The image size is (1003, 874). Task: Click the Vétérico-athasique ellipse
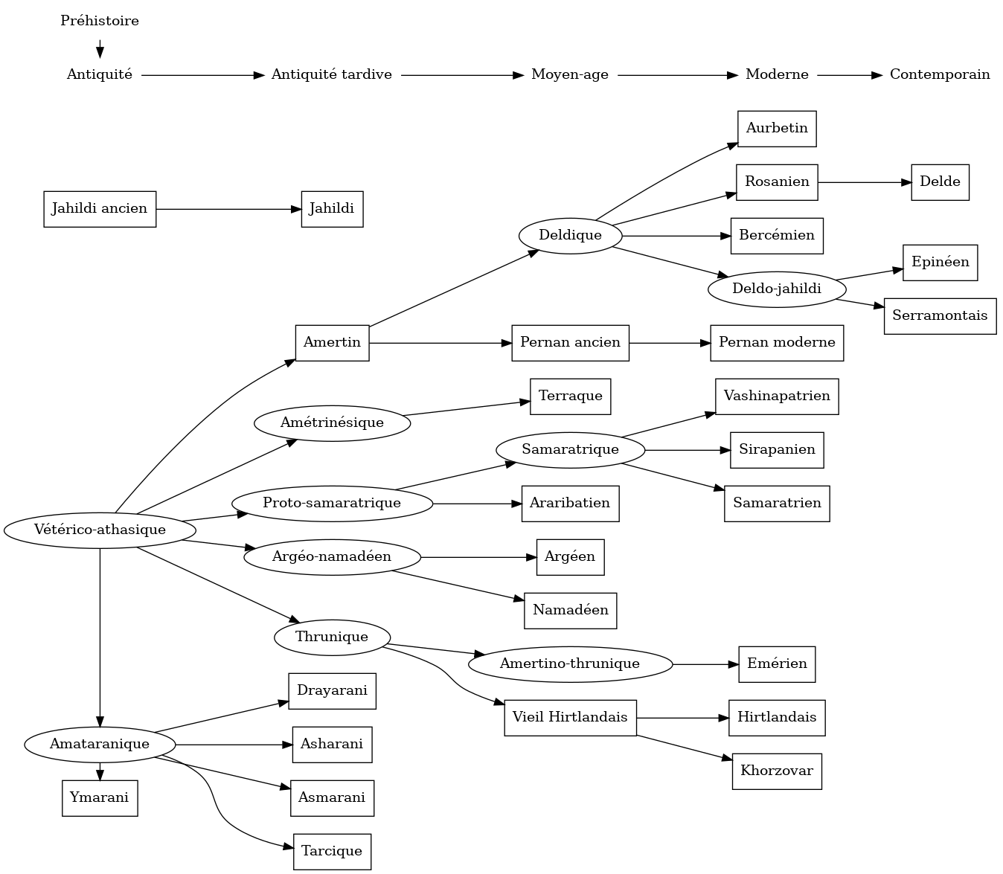click(100, 530)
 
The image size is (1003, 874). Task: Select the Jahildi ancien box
click(100, 209)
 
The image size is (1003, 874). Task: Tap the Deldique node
click(570, 236)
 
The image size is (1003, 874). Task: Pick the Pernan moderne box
click(777, 343)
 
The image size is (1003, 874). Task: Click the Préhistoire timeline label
click(100, 21)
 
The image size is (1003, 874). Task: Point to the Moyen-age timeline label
click(570, 74)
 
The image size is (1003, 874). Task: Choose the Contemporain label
click(940, 74)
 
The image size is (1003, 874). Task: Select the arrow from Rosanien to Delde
click(864, 182)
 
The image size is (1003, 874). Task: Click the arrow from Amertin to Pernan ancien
click(440, 343)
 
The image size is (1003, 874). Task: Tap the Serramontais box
click(940, 316)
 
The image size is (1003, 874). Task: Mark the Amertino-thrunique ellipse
click(570, 664)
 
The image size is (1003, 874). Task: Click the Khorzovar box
click(777, 771)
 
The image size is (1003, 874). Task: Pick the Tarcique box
click(332, 852)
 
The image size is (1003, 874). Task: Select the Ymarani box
click(100, 798)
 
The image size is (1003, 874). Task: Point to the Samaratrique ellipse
click(570, 450)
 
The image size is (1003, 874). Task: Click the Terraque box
click(570, 396)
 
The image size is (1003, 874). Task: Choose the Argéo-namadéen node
click(332, 557)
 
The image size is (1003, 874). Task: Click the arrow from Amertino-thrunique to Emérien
click(705, 664)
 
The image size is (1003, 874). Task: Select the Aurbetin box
click(777, 129)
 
